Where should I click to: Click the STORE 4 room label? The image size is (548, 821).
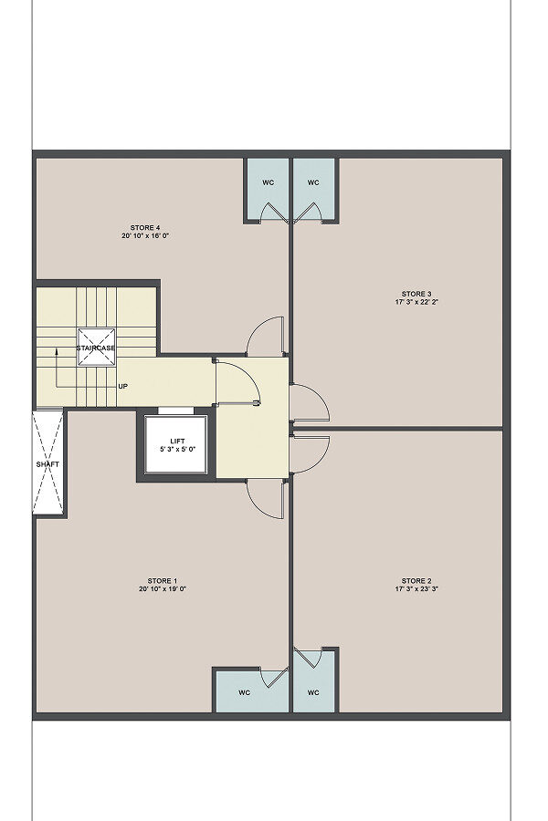pyautogui.click(x=144, y=228)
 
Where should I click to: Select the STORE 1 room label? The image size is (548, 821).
pyautogui.click(x=162, y=581)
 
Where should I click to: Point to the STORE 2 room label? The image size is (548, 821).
pyautogui.click(x=416, y=581)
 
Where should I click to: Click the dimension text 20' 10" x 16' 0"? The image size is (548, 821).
pyautogui.click(x=144, y=236)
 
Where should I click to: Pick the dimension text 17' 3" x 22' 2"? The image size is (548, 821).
pyautogui.click(x=416, y=302)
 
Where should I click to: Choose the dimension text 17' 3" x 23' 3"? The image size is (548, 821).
pyautogui.click(x=416, y=589)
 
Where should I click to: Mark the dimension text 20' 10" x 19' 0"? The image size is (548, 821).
pyautogui.click(x=163, y=589)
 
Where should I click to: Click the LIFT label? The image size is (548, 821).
pyautogui.click(x=177, y=441)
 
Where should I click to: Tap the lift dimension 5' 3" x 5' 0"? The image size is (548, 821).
pyautogui.click(x=177, y=449)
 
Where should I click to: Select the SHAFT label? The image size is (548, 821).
pyautogui.click(x=47, y=464)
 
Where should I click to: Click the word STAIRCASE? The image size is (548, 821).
pyautogui.click(x=96, y=348)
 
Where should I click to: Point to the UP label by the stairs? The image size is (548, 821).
pyautogui.click(x=122, y=387)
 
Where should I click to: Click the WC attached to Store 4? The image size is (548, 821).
pyautogui.click(x=268, y=182)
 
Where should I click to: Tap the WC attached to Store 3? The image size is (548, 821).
pyautogui.click(x=313, y=182)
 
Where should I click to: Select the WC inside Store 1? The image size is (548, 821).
pyautogui.click(x=245, y=692)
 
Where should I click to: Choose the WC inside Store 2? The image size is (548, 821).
pyautogui.click(x=313, y=692)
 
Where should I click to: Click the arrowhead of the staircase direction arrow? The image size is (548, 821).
pyautogui.click(x=56, y=350)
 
